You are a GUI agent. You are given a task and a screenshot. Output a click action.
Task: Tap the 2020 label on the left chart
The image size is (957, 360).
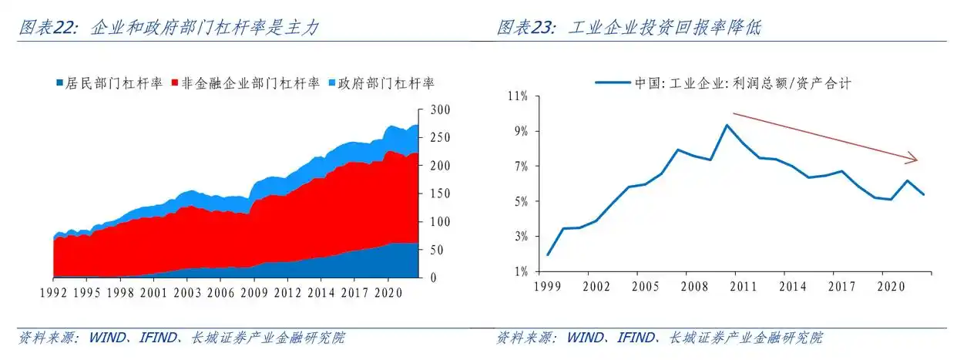click(x=387, y=292)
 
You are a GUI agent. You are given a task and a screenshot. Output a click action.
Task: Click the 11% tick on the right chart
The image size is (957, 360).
click(x=516, y=96)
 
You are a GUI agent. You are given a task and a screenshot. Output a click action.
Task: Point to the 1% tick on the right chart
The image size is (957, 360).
click(x=519, y=271)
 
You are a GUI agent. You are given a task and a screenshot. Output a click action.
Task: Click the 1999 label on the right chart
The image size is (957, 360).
click(x=546, y=287)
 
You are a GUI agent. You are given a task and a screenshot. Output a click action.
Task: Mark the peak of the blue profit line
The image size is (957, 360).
click(x=726, y=125)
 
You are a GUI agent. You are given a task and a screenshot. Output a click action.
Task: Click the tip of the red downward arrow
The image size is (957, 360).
click(x=917, y=160)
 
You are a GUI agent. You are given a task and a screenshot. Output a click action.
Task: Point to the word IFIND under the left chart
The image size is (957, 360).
click(x=158, y=338)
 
